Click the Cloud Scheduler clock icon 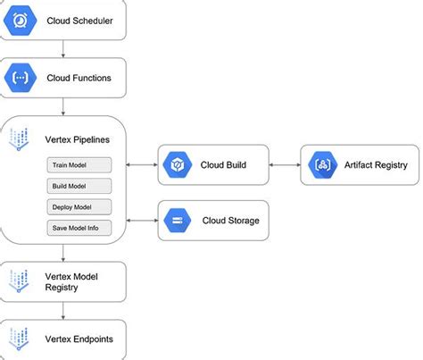point(21,21)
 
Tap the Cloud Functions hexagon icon point(21,78)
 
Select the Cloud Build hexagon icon point(178,164)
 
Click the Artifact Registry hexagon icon point(319,164)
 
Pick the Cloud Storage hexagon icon point(178,220)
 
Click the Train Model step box point(79,165)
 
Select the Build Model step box point(79,186)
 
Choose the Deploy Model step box point(79,206)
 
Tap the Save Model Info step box point(79,228)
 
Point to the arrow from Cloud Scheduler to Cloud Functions point(62,49)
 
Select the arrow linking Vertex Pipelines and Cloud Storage point(141,220)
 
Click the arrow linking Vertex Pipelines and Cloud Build point(141,164)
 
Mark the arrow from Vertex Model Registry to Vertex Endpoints point(62,311)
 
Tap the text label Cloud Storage point(231,221)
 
